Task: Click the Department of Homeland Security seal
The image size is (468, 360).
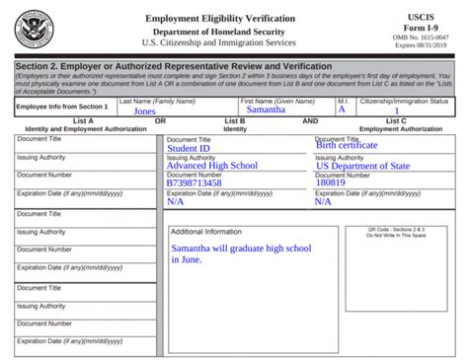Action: [x=37, y=27]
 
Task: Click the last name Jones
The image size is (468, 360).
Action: [x=145, y=110]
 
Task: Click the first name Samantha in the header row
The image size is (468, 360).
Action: [x=266, y=109]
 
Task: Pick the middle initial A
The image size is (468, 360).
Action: [x=342, y=109]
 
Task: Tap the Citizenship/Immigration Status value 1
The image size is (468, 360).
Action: [x=397, y=111]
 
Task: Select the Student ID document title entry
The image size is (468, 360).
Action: [x=190, y=148]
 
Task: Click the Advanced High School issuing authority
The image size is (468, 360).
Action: [x=212, y=166]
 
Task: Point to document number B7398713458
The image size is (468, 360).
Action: [x=195, y=182]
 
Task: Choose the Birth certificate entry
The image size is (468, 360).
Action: [x=347, y=146]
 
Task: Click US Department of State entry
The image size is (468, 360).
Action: [x=362, y=166]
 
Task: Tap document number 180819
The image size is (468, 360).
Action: [x=331, y=182]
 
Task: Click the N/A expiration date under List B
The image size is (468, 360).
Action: [x=176, y=201]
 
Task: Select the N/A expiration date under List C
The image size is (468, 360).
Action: [x=324, y=201]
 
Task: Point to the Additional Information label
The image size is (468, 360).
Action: [x=206, y=231]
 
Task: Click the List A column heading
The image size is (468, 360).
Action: [x=84, y=121]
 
